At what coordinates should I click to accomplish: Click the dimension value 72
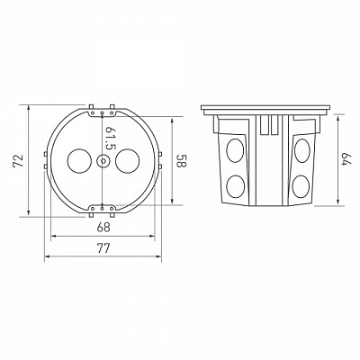point(18,160)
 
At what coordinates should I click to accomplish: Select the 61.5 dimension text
point(111,138)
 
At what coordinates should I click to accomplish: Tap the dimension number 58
point(182,160)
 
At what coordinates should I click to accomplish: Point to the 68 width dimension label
point(103,227)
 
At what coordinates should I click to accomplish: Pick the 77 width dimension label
point(103,247)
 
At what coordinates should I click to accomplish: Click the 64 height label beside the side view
point(347,159)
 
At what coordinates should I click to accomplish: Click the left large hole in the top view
point(79,161)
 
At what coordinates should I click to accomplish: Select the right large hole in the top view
point(127,161)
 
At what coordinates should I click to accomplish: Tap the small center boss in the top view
point(103,161)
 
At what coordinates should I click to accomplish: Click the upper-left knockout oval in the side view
point(235,150)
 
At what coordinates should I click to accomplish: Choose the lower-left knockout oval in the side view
point(236,186)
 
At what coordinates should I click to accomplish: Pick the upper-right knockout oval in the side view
point(302,150)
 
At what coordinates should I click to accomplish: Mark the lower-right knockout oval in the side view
point(301,186)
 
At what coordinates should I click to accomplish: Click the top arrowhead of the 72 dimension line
point(29,107)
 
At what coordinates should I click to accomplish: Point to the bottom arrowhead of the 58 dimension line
point(172,202)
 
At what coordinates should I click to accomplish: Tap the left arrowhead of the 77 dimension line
point(48,256)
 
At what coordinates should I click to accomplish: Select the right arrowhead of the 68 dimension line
point(151,237)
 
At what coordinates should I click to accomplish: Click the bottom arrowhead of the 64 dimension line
point(338,202)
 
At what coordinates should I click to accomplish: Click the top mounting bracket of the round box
point(103,112)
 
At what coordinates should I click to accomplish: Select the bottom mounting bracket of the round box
point(103,211)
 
